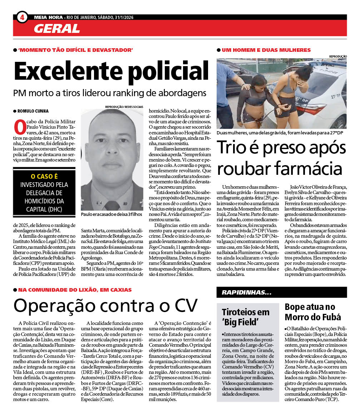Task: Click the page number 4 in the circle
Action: coord(22,17)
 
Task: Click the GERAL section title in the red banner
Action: coord(57,28)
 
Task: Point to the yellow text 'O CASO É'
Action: coord(44,176)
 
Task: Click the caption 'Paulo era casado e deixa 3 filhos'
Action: coord(112,214)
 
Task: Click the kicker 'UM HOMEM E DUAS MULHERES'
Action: coord(266,50)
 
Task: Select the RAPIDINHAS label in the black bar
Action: coord(246,292)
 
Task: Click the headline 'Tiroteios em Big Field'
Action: coord(245,317)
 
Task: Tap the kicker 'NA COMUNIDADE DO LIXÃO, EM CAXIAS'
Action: coord(75,290)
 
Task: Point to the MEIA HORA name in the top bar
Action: coord(48,17)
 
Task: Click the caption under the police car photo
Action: coord(280,133)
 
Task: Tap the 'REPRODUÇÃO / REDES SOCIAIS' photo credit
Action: coord(124,107)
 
